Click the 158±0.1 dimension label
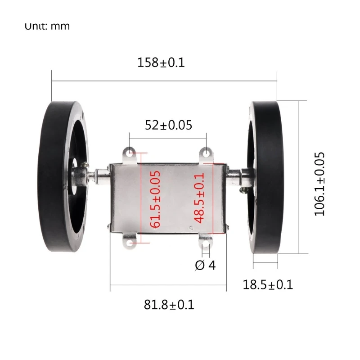161,63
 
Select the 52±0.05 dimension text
168,125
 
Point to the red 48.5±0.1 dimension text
199,198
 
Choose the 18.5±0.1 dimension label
268,284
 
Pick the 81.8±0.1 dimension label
169,305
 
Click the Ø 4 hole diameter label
205,265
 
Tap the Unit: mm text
47,26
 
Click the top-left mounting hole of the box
130,154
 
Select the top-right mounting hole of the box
207,153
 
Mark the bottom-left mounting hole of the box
130,243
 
